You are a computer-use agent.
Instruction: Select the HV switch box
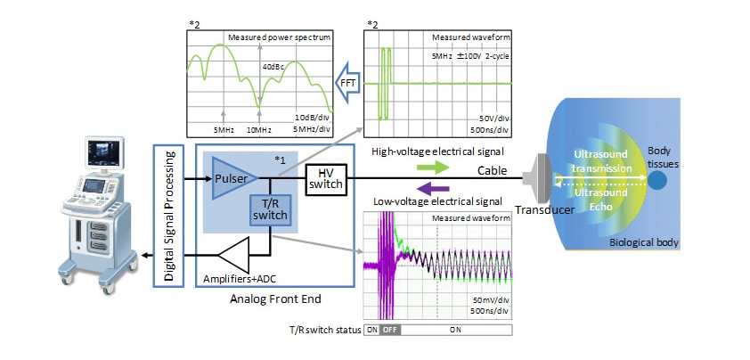pyautogui.click(x=324, y=178)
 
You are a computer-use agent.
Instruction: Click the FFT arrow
pyautogui.click(x=346, y=82)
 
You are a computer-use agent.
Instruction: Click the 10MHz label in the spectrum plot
pyautogui.click(x=258, y=129)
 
